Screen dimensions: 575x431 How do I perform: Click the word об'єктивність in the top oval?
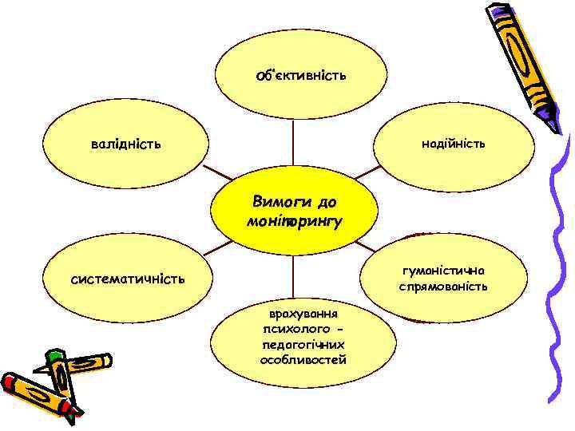tap(300, 76)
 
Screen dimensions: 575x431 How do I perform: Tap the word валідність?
tap(125, 144)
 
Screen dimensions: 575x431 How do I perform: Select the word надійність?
tap(454, 144)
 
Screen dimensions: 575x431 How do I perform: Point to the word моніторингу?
tap(295, 219)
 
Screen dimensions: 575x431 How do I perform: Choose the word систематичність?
tap(128, 279)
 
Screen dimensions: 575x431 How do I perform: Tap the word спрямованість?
tap(454, 286)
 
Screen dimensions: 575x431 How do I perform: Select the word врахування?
tap(303, 314)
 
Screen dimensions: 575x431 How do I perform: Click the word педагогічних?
tap(303, 344)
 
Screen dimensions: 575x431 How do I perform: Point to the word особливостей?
tap(303, 359)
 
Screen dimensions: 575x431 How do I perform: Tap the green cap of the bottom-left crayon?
tap(54, 357)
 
